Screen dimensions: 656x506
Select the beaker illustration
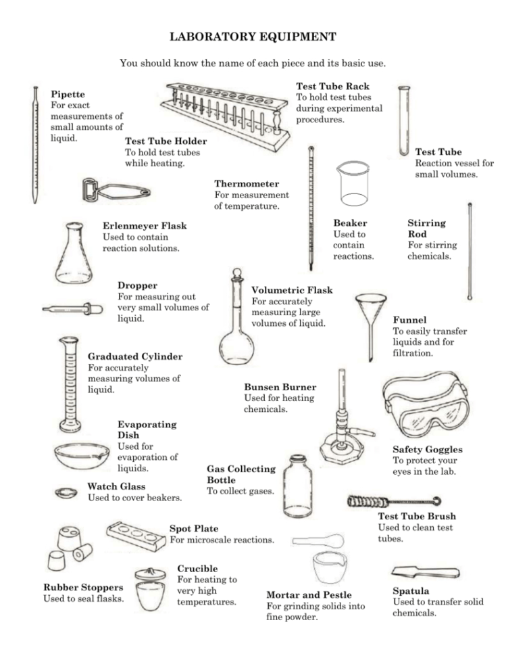[353, 184]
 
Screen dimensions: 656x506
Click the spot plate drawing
[136, 535]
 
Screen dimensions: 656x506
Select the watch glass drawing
[66, 492]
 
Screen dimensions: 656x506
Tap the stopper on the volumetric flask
[236, 276]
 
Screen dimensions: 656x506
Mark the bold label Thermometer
[247, 184]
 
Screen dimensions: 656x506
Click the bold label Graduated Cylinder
[134, 356]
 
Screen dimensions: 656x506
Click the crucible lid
[153, 573]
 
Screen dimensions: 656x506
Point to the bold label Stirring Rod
[426, 228]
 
